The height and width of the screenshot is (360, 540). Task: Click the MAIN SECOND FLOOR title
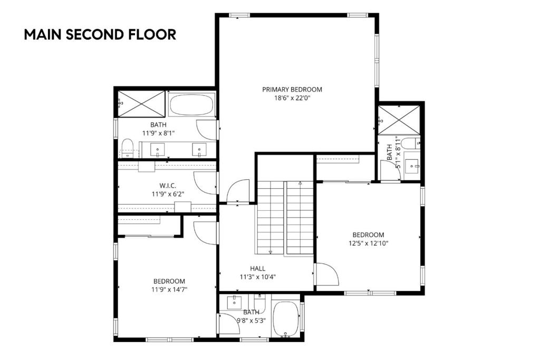[100, 35]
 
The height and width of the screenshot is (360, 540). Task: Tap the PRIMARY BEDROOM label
[292, 90]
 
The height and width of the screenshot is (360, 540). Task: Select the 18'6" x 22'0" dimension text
[292, 98]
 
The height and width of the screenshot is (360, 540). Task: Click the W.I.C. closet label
[168, 186]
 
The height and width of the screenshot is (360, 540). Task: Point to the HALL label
[258, 269]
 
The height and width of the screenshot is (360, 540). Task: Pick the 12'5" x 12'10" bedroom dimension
[368, 243]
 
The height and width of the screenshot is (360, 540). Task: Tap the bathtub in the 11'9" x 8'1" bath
[192, 105]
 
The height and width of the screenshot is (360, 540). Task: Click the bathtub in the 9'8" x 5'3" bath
[285, 318]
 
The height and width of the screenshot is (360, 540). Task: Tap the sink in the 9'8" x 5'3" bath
[234, 303]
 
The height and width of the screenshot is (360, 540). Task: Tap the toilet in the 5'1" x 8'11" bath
[408, 144]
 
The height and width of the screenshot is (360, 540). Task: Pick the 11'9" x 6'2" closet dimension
[168, 194]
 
